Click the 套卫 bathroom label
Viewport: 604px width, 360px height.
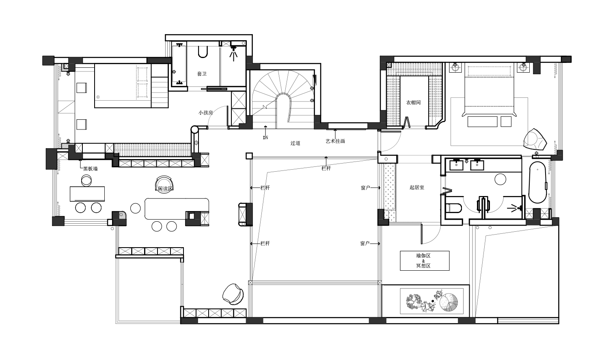pyautogui.click(x=202, y=73)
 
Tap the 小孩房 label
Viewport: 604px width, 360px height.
pyautogui.click(x=205, y=113)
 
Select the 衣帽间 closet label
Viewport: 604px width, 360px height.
pyautogui.click(x=413, y=102)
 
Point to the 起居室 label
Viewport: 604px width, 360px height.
pyautogui.click(x=417, y=188)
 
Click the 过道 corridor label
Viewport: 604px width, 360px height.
pyautogui.click(x=295, y=143)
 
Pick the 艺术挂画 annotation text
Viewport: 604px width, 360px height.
pyautogui.click(x=335, y=141)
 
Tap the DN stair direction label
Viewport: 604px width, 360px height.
pyautogui.click(x=265, y=138)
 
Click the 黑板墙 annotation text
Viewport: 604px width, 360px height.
pyautogui.click(x=91, y=169)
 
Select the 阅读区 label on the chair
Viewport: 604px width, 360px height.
pyautogui.click(x=165, y=188)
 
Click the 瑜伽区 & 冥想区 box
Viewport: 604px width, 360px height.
pyautogui.click(x=425, y=261)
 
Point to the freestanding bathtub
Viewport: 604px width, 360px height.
pyautogui.click(x=537, y=182)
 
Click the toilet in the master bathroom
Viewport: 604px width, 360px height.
pyautogui.click(x=453, y=208)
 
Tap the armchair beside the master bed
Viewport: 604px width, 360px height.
pyautogui.click(x=535, y=140)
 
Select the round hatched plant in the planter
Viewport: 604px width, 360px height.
pyautogui.click(x=449, y=302)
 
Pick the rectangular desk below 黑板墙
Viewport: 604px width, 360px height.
pyautogui.click(x=87, y=194)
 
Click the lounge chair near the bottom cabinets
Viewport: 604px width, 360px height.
pyautogui.click(x=233, y=294)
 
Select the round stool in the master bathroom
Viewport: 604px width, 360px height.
pyautogui.click(x=500, y=179)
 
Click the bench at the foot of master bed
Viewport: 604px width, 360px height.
pyautogui.click(x=482, y=122)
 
